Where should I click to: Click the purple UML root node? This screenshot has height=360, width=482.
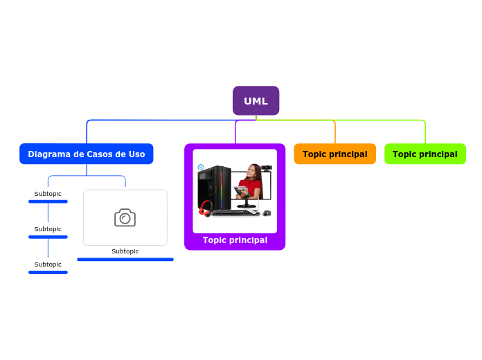pos(256,101)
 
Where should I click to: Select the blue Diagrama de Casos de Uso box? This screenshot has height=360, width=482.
pos(87,154)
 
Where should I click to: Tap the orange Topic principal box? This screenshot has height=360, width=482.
pos(334,154)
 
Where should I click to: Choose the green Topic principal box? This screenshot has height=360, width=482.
pos(425,154)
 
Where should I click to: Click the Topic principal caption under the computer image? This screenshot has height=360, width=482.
pos(235,240)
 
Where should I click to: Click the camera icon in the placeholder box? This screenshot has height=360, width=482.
pos(125,217)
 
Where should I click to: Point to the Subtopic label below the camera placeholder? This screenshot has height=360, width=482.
pos(125,251)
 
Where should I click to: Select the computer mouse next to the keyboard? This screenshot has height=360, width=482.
pos(267,213)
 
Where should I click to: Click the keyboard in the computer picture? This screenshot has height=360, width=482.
pos(234,213)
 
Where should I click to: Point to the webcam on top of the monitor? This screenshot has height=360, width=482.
pos(266,168)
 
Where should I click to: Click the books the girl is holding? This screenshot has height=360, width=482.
pos(240,190)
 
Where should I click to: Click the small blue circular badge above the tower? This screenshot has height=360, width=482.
pos(200,167)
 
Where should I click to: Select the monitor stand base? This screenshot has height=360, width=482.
pos(246,206)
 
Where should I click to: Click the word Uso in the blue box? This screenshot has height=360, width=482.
pos(136,154)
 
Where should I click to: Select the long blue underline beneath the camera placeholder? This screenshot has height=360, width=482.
pos(125,260)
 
